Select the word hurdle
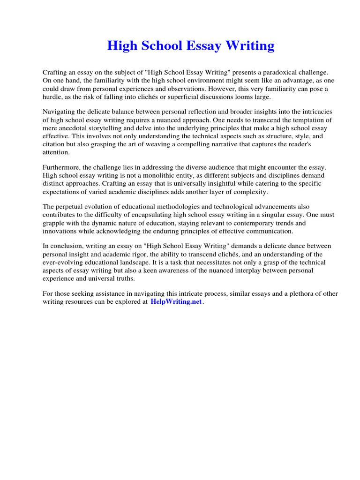pos(53,97)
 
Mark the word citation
pos(55,144)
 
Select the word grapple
pos(53,223)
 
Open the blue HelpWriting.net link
pos(176,302)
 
